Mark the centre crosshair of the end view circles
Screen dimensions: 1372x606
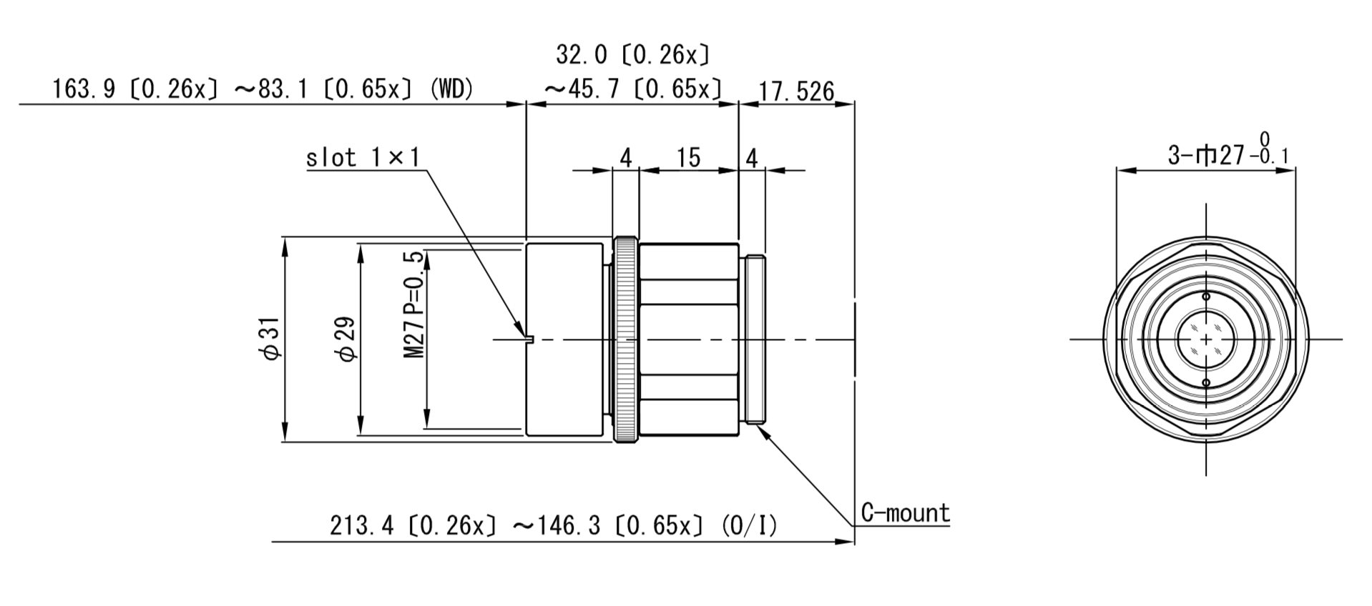coord(1206,339)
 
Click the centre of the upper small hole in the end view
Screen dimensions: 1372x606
coord(1206,296)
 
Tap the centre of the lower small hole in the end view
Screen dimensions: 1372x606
coord(1206,383)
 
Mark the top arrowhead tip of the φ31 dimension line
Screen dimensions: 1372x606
coord(285,237)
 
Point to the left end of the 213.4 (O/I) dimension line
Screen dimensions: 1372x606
coord(272,542)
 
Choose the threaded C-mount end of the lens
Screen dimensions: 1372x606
coord(755,339)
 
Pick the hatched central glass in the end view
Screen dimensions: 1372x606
coord(1206,339)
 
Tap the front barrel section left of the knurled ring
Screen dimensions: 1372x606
coord(564,339)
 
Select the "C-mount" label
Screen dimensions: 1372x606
coord(905,513)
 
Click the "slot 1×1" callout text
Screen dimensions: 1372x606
coord(363,157)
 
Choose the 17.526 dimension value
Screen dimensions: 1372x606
coord(796,91)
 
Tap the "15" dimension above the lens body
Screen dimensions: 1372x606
coord(688,157)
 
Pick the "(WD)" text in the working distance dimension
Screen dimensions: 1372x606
coord(452,89)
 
